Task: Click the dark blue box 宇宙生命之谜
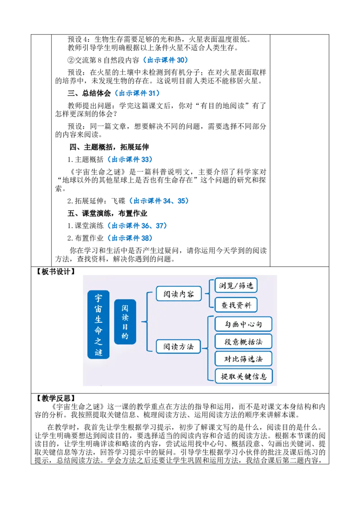(x=99, y=325)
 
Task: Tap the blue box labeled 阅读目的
(x=125, y=321)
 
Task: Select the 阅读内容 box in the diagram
(x=179, y=294)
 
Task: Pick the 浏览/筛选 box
(x=236, y=286)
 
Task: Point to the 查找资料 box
(x=236, y=305)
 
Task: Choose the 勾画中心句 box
(x=243, y=324)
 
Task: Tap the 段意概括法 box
(x=243, y=341)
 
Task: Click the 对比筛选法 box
(x=243, y=359)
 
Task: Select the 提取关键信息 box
(x=244, y=376)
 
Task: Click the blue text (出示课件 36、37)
(x=137, y=226)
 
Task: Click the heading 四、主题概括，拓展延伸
(x=109, y=147)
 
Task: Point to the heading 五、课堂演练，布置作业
(x=108, y=213)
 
